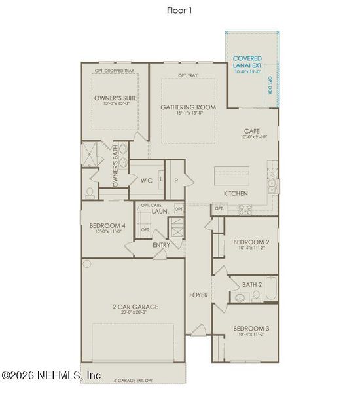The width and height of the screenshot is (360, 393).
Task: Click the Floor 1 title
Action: [180, 10]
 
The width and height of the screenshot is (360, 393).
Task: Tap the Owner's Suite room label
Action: [115, 98]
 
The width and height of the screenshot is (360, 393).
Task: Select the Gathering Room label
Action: [187, 107]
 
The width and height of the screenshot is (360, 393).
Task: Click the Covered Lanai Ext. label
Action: [247, 62]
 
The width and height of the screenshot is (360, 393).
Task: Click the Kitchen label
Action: [235, 194]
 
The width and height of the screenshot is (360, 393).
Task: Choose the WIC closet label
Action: [146, 180]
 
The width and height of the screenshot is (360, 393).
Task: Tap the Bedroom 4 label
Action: [107, 226]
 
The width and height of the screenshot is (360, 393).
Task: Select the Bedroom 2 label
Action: [251, 242]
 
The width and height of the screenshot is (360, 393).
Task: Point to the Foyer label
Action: [198, 295]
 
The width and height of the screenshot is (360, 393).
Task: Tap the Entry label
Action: [161, 245]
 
